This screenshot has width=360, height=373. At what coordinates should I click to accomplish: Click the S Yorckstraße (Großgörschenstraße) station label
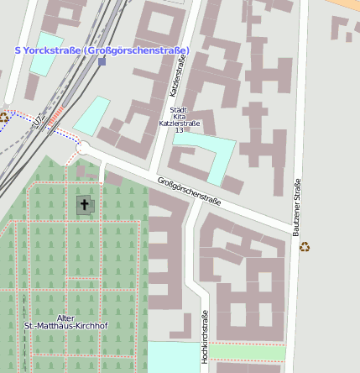[102, 50]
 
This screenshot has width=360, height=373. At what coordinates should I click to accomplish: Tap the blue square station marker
[102, 61]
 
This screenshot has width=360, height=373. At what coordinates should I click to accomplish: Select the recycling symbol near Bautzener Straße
[305, 247]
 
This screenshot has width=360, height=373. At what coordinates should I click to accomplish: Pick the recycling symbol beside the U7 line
[4, 118]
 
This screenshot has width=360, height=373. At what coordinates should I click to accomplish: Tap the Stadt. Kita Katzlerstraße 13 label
[178, 120]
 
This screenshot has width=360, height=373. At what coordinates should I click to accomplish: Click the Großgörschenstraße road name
[189, 191]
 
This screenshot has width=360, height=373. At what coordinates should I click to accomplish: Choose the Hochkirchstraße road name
[205, 336]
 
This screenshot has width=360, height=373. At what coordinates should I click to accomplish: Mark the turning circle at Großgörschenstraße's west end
[82, 148]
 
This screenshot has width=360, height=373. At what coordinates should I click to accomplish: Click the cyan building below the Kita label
[209, 156]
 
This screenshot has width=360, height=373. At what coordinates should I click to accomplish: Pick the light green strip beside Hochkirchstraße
[247, 352]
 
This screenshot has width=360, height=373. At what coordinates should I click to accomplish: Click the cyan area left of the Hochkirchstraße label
[174, 356]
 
